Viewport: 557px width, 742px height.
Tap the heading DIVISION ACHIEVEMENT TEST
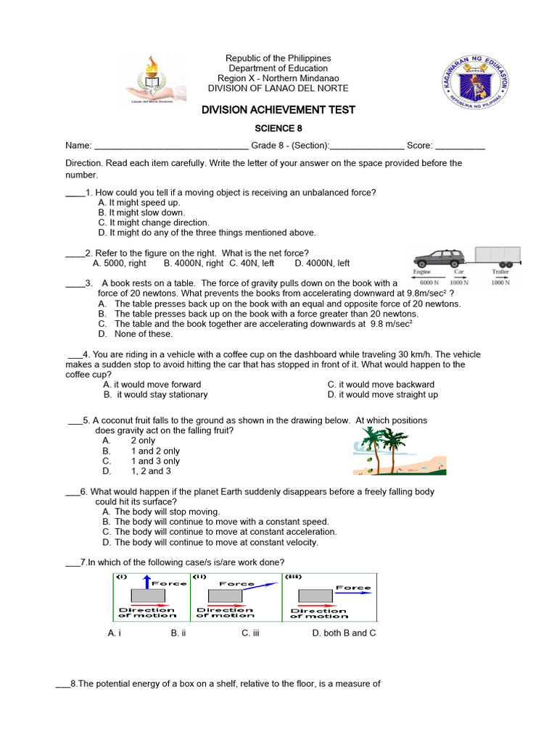click(278, 109)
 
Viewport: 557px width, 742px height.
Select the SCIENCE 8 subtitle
click(278, 128)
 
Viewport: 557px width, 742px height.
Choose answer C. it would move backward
click(381, 385)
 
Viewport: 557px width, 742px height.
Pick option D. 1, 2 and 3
click(137, 471)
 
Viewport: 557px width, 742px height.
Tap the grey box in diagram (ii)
click(225, 596)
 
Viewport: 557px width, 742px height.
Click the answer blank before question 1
click(75, 193)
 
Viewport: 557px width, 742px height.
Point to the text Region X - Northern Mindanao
click(278, 78)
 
